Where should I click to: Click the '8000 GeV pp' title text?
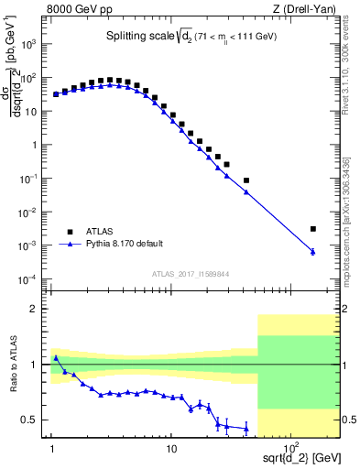click(x=78, y=10)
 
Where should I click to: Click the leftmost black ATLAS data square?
click(x=56, y=94)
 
